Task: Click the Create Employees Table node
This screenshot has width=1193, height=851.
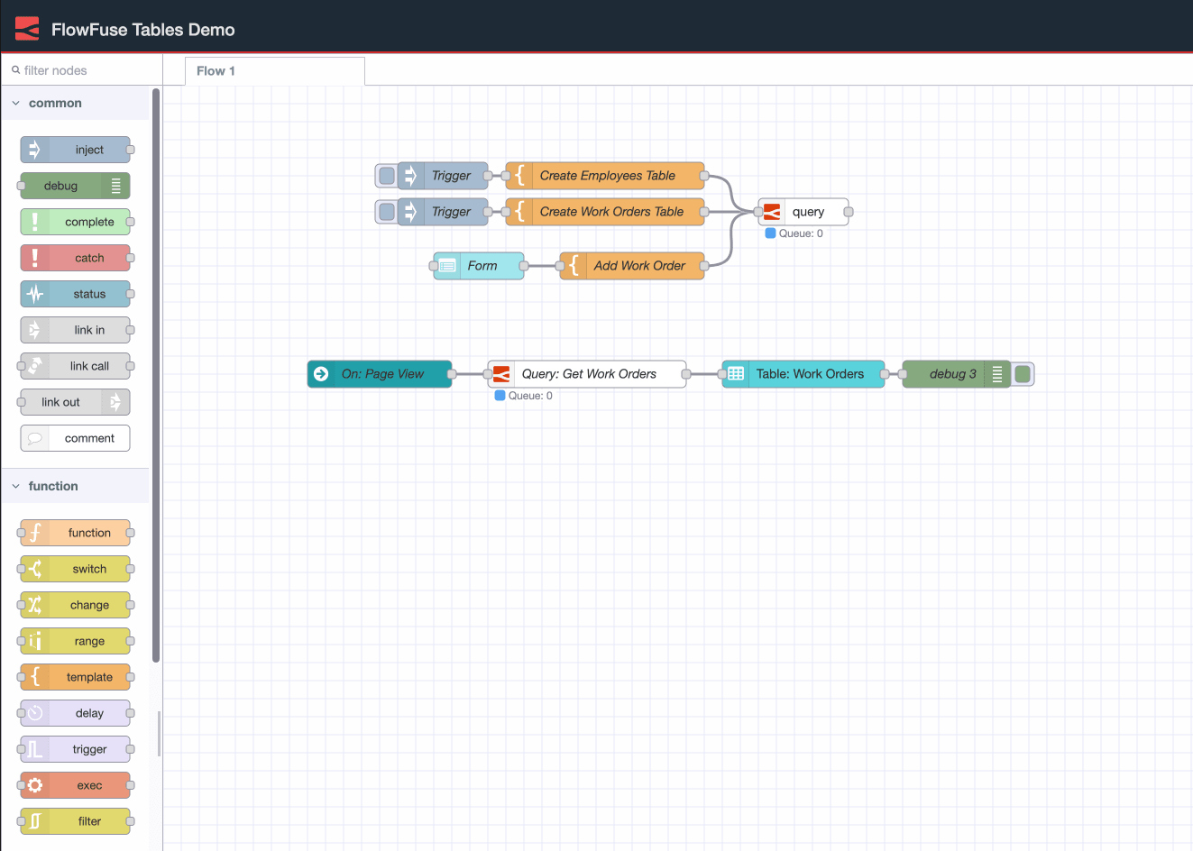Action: (x=606, y=176)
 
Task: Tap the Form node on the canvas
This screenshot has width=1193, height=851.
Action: (x=481, y=266)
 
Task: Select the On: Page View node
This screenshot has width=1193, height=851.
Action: (x=381, y=374)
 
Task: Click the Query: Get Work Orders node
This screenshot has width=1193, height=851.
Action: (x=588, y=374)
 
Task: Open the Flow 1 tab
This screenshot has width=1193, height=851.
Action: (x=216, y=71)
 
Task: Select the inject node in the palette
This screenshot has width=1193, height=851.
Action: (x=76, y=150)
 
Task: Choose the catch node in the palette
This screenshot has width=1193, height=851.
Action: (x=76, y=258)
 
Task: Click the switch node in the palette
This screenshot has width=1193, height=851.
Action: (x=76, y=569)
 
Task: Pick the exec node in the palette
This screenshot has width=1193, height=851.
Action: (x=76, y=785)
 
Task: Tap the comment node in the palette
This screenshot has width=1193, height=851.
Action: (x=76, y=438)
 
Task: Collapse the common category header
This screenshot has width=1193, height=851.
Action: (x=55, y=104)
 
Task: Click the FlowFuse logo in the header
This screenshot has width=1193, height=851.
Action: (x=27, y=29)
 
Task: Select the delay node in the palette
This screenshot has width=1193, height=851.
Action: (x=76, y=713)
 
